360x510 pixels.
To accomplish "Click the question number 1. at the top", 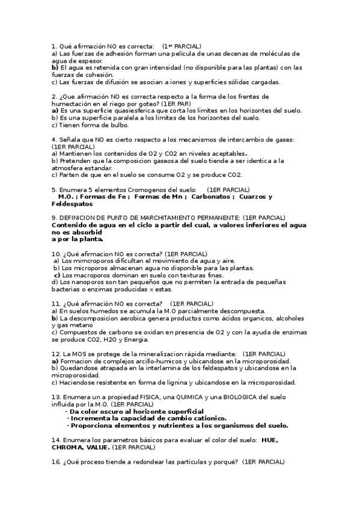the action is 54,46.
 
